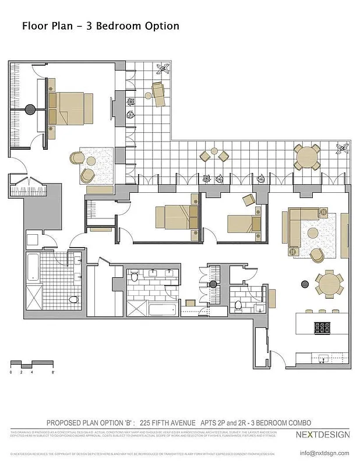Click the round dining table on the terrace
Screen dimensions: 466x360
(x=306, y=157)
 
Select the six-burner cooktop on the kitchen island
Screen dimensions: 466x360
(x=322, y=327)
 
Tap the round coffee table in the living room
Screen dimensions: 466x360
(x=313, y=233)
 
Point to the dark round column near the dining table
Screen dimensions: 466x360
(x=304, y=284)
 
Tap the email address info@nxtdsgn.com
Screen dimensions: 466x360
(x=324, y=453)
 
